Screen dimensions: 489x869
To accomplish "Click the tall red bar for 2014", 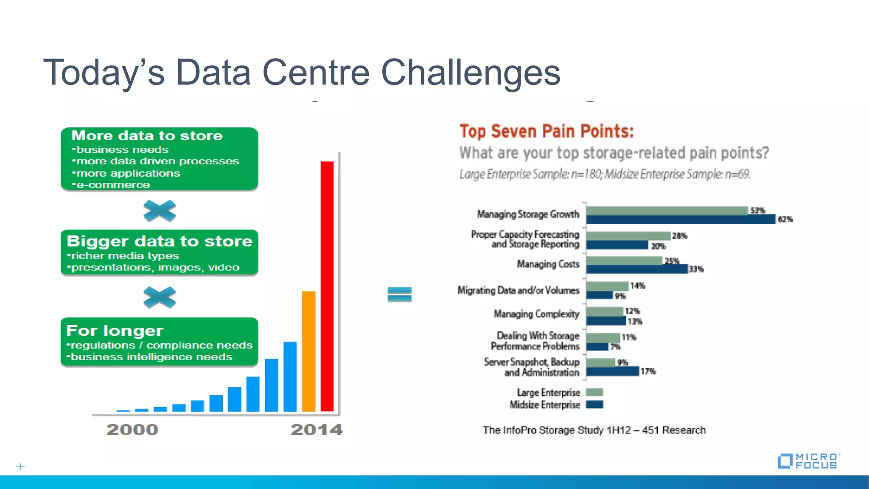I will pyautogui.click(x=327, y=287).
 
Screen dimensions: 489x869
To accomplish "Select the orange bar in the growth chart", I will pyautogui.click(x=308, y=351).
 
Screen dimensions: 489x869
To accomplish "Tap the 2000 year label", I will pyautogui.click(x=132, y=430).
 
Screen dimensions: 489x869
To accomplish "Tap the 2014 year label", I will pyautogui.click(x=317, y=430).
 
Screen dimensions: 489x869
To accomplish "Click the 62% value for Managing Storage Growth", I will pyautogui.click(x=785, y=219).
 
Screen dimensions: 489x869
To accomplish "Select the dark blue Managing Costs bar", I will pyautogui.click(x=636, y=269).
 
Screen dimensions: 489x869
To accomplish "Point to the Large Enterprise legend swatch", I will pyautogui.click(x=594, y=392).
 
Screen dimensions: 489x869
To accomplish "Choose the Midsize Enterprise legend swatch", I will pyautogui.click(x=594, y=405).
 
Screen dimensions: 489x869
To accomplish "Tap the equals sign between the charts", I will pyautogui.click(x=399, y=294).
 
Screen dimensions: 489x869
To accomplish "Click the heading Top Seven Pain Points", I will pyautogui.click(x=547, y=131).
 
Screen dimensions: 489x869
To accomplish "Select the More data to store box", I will pyautogui.click(x=159, y=159).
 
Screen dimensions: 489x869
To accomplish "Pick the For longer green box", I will pyautogui.click(x=159, y=342).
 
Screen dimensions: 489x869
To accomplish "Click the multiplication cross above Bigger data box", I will pyautogui.click(x=160, y=211).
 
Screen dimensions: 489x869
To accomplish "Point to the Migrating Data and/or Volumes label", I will pyautogui.click(x=518, y=290).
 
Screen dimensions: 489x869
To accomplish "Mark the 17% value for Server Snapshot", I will pyautogui.click(x=648, y=371).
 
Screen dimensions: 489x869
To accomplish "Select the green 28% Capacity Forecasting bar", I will pyautogui.click(x=628, y=236).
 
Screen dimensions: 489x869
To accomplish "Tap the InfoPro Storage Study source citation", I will pyautogui.click(x=594, y=430).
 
